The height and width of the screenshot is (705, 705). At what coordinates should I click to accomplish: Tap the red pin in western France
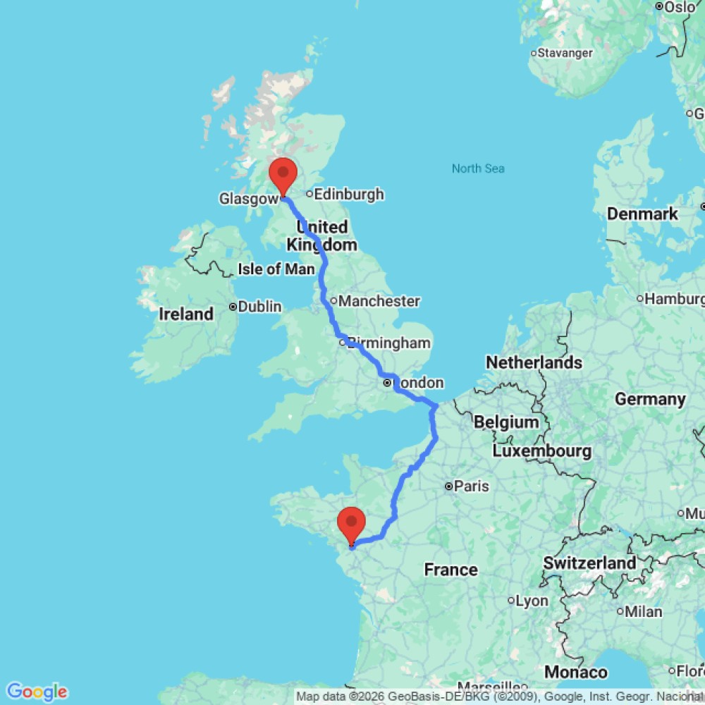[351, 525]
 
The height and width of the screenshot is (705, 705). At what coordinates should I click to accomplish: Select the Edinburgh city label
[349, 194]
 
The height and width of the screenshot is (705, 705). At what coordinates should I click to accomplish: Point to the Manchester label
[379, 301]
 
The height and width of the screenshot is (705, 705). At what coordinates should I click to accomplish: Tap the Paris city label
[472, 486]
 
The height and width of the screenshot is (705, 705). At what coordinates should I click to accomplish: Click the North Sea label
[478, 168]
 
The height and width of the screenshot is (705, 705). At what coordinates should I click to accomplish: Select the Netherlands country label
[534, 362]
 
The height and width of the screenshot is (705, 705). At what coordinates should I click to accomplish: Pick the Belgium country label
[506, 422]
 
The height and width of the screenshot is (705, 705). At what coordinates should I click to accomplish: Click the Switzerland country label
[589, 563]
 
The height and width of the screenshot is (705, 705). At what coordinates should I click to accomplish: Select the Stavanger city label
[565, 53]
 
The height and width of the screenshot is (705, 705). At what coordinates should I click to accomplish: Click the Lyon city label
[532, 601]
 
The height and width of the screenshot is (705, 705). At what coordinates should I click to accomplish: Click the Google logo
[36, 692]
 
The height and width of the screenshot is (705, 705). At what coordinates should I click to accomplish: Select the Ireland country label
[186, 314]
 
